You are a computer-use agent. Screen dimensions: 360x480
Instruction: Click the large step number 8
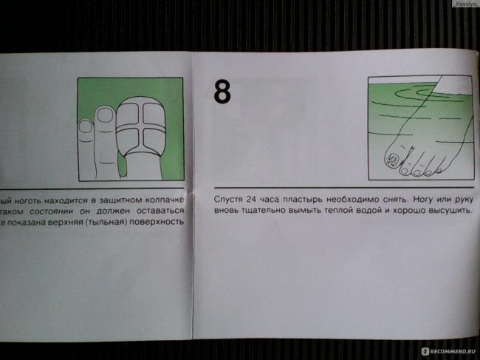coord(222,92)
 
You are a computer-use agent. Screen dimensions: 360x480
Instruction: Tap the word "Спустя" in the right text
coord(230,199)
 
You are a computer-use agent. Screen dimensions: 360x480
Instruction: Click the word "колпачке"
coord(164,198)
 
